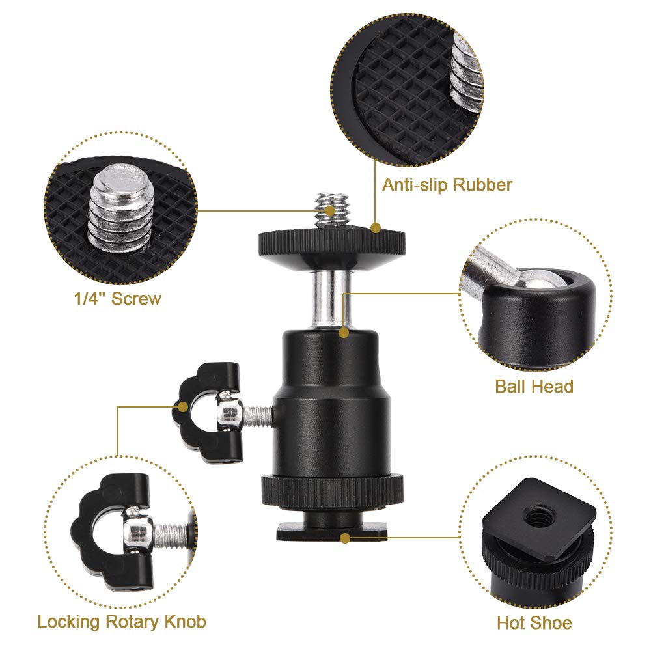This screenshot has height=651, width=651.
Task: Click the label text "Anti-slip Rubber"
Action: tap(447, 184)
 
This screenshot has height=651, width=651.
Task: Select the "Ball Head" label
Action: tap(534, 386)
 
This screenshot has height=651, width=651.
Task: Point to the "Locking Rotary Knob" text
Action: tap(122, 621)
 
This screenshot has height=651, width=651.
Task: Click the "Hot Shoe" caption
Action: tap(534, 622)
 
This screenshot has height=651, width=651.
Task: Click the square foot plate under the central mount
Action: tap(331, 533)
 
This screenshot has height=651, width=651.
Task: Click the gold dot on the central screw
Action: tap(331, 211)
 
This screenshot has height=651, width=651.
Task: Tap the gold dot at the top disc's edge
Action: tap(375, 228)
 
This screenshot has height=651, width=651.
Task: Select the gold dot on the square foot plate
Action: tap(346, 538)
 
